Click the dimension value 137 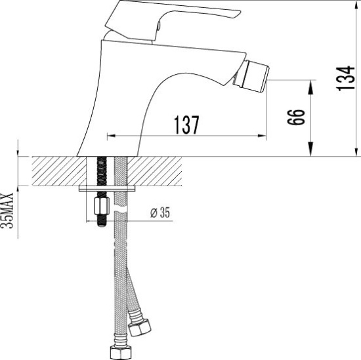(x=186, y=124)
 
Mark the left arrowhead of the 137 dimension (x=110, y=136)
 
